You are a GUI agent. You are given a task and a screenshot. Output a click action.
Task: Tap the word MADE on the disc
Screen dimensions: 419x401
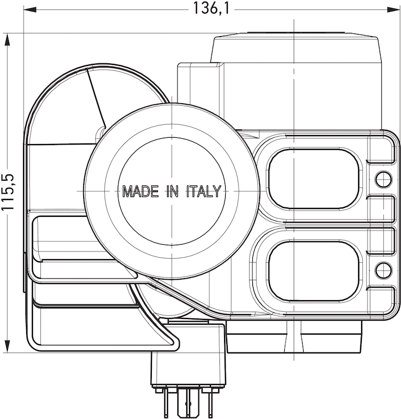[x=140, y=191]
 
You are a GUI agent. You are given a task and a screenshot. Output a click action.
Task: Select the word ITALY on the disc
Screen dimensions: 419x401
[x=204, y=191]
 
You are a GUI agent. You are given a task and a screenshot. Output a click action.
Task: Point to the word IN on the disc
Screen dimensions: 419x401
[x=172, y=191]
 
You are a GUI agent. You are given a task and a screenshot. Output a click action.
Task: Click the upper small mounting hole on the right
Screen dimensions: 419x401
[x=383, y=179]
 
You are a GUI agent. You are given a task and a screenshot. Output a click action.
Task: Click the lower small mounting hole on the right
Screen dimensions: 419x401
[x=383, y=270]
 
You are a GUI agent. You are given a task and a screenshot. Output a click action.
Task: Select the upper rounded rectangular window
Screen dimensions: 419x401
[x=314, y=179]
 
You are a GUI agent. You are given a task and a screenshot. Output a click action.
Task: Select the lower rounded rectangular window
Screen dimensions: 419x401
[x=314, y=271]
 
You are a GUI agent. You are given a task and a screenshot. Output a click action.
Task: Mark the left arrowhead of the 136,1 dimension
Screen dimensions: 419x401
[x=29, y=9]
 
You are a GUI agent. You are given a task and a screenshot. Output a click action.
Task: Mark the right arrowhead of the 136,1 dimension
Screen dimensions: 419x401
[x=394, y=9]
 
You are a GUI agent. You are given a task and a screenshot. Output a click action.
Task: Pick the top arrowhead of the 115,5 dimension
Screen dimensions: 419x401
[x=8, y=39]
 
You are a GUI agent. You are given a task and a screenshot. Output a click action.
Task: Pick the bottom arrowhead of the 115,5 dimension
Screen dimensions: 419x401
[x=8, y=347]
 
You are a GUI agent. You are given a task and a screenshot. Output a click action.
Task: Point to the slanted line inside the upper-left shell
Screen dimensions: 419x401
[x=96, y=97]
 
